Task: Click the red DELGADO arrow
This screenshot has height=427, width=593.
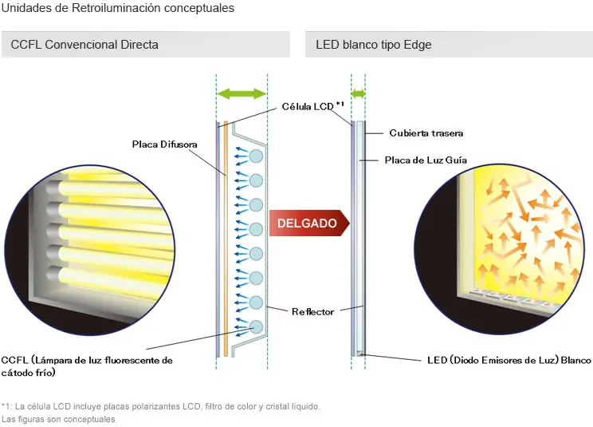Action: pyautogui.click(x=309, y=223)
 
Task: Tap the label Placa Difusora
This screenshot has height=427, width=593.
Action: pyautogui.click(x=164, y=144)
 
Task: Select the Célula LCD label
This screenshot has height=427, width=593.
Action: pyautogui.click(x=308, y=106)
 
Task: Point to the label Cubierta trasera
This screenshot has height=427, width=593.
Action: pyautogui.click(x=426, y=132)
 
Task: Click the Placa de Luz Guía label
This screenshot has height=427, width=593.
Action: pyautogui.click(x=426, y=160)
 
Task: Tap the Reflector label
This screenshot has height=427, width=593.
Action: pyautogui.click(x=312, y=311)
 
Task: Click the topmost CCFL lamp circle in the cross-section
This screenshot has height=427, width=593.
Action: pyautogui.click(x=256, y=156)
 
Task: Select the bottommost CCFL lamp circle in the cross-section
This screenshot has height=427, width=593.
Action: pyautogui.click(x=256, y=327)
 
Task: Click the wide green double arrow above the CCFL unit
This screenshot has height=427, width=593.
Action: pyautogui.click(x=242, y=93)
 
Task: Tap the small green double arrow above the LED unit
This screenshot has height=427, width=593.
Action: pyautogui.click(x=358, y=93)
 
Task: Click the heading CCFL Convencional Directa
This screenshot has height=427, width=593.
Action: pyautogui.click(x=84, y=45)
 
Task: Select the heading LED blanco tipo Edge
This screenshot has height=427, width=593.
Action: pyautogui.click(x=374, y=45)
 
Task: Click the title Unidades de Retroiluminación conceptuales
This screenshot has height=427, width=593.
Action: pyautogui.click(x=118, y=8)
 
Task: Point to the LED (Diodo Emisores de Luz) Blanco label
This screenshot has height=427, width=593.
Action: pyautogui.click(x=509, y=360)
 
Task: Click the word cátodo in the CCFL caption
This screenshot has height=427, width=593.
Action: pyautogui.click(x=15, y=373)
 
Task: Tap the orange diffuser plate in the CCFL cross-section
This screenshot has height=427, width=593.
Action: pyautogui.click(x=226, y=239)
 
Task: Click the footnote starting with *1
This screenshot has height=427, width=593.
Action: pyautogui.click(x=161, y=406)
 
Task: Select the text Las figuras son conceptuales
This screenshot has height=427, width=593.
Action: pyautogui.click(x=59, y=420)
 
